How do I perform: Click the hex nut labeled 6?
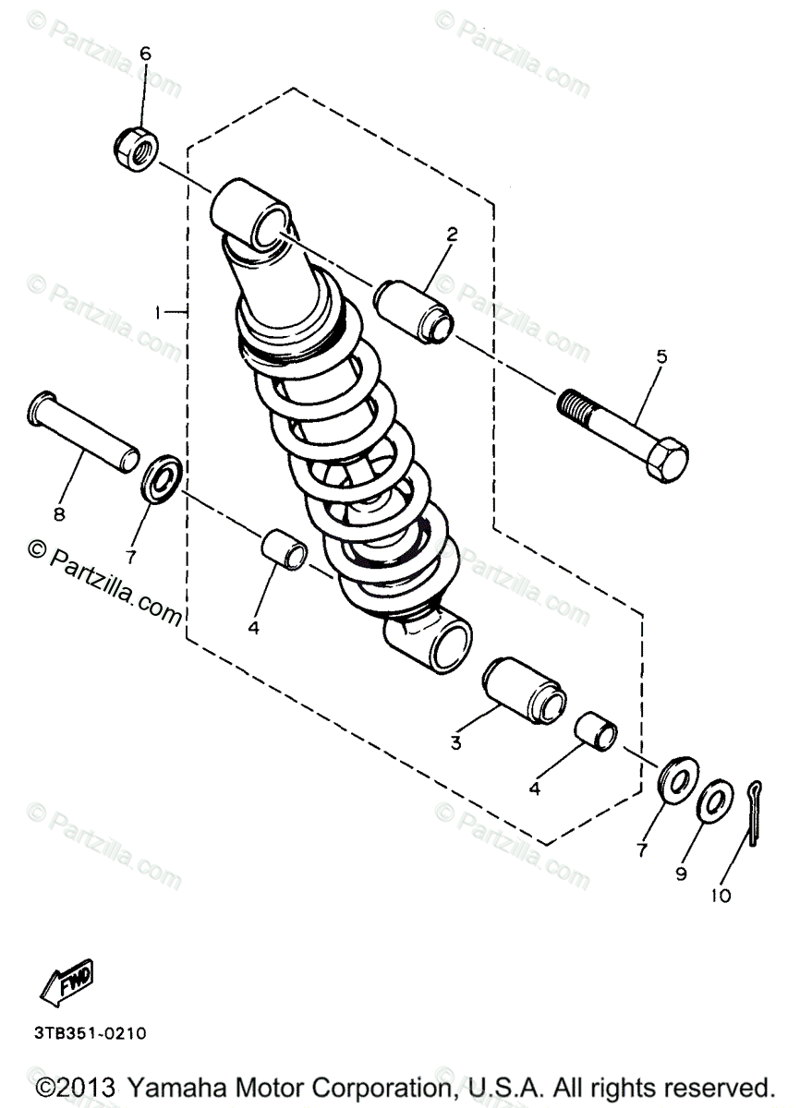(x=138, y=144)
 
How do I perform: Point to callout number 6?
(x=144, y=54)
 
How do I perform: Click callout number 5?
(x=661, y=355)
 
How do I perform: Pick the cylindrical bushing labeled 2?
(x=415, y=311)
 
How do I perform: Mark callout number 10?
(x=720, y=895)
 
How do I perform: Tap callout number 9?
(x=681, y=873)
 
